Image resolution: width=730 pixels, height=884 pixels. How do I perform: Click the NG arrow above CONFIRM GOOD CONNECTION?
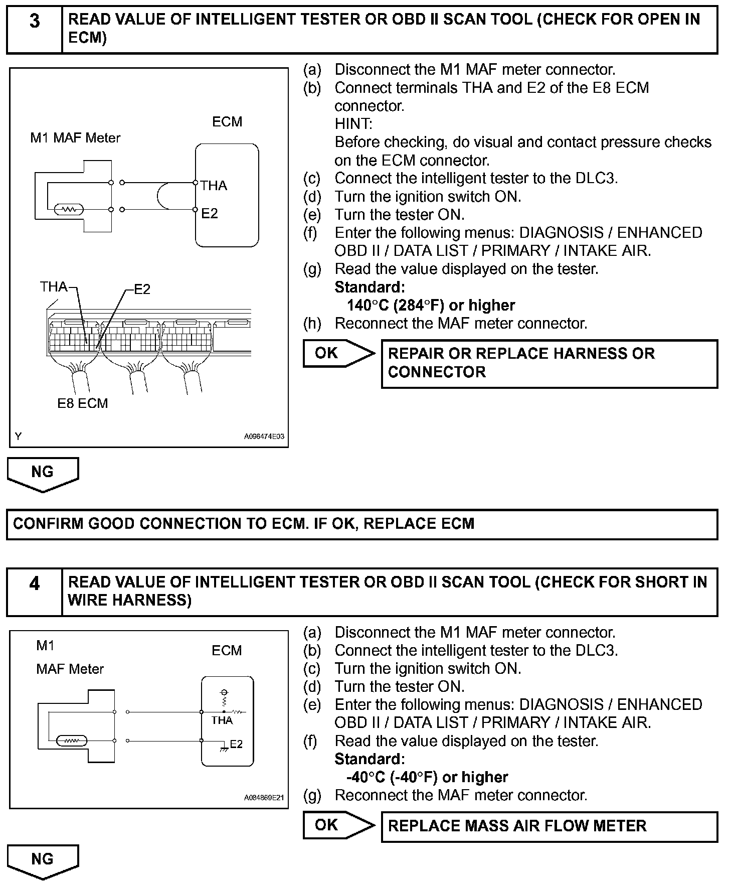point(42,473)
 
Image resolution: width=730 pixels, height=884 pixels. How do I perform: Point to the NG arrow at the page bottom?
point(42,860)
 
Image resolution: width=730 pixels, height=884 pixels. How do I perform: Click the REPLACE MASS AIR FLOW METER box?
point(549,826)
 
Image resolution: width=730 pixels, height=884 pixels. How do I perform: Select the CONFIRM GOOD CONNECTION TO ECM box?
point(362,524)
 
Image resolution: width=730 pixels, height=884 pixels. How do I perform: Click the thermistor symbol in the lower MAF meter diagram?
point(71,740)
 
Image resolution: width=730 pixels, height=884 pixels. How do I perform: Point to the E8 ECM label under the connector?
point(82,403)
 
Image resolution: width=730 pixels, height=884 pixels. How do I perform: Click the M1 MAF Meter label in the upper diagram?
point(75,138)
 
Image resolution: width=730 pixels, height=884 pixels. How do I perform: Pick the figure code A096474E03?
point(264,436)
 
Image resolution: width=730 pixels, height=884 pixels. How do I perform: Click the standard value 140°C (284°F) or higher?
point(431,305)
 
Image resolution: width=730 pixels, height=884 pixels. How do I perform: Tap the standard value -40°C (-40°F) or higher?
point(427,777)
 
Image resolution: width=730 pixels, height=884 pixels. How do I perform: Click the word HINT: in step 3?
point(353,124)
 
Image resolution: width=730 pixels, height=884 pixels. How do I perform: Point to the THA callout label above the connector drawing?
point(53,287)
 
